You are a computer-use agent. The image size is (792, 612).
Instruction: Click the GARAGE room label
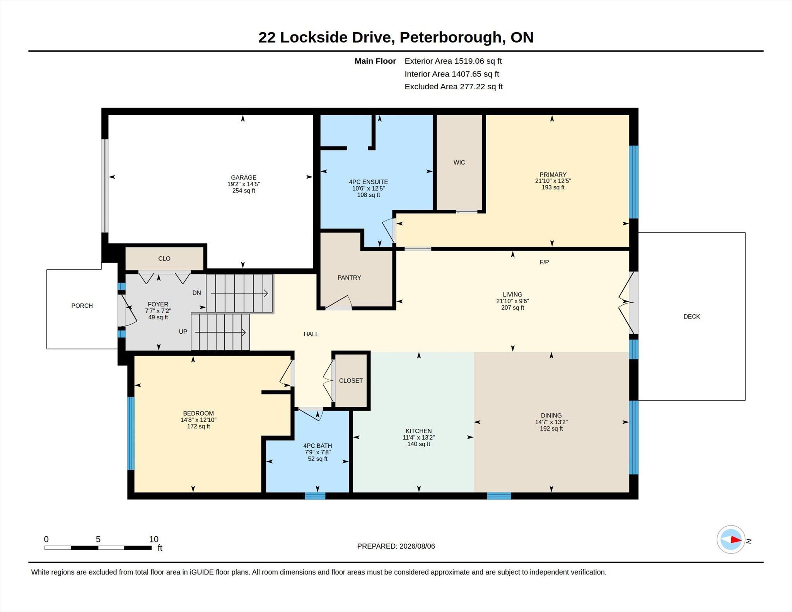[244, 177]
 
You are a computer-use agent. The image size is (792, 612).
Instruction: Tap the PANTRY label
[349, 278]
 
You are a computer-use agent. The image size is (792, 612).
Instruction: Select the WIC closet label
[459, 162]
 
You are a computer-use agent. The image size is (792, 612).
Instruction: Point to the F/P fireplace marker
[544, 262]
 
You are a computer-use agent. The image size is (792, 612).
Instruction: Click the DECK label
[692, 317]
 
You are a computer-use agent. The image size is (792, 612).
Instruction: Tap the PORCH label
[82, 306]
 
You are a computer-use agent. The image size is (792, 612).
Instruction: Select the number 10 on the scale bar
[154, 539]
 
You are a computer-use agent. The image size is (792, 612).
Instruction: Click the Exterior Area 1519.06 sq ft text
[453, 61]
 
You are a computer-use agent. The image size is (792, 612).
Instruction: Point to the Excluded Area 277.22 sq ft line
[454, 87]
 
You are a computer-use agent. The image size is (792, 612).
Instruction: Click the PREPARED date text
[396, 546]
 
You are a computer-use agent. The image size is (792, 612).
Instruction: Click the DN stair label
[197, 293]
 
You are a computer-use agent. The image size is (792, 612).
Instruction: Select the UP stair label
[183, 332]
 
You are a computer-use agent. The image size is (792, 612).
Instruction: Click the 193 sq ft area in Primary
[553, 188]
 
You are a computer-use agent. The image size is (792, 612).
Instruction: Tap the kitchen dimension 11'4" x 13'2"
[419, 438]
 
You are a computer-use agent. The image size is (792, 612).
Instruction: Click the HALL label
[311, 334]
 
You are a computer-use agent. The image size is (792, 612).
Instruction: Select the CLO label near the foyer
[164, 259]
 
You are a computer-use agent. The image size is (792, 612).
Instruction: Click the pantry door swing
[339, 303]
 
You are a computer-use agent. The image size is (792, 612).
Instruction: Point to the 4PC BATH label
[317, 446]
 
